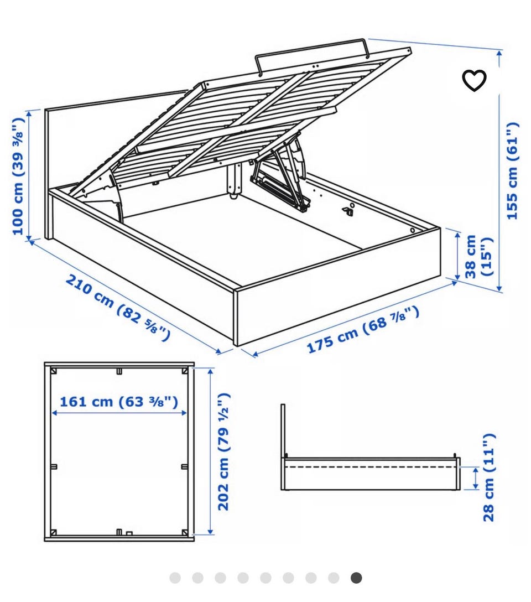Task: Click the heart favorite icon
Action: click(474, 80)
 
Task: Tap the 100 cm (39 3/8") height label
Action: click(18, 175)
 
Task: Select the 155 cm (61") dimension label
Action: click(512, 171)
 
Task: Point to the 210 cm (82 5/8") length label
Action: click(118, 308)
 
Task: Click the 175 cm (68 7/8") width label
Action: click(362, 329)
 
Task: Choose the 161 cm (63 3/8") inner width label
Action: click(119, 402)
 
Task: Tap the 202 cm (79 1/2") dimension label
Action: click(223, 451)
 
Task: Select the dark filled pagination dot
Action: click(356, 578)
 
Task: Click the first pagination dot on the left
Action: click(175, 578)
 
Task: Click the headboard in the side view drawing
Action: click(283, 447)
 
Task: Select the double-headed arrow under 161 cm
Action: click(119, 413)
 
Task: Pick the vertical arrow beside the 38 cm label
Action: click(457, 256)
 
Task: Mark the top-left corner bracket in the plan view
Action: click(54, 371)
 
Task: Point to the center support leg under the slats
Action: click(233, 180)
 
